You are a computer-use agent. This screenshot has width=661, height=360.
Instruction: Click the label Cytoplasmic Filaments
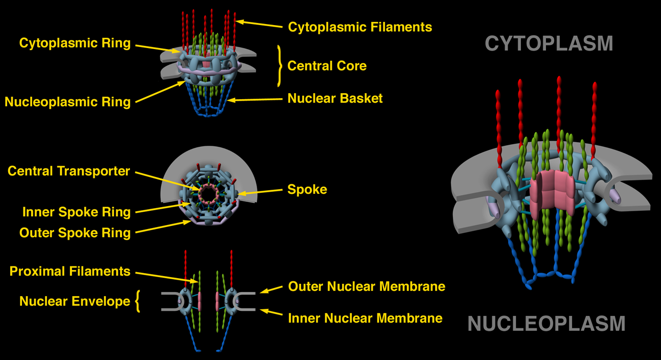pyautogui.click(x=360, y=27)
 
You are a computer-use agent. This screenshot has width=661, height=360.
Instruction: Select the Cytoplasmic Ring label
pyautogui.click(x=75, y=43)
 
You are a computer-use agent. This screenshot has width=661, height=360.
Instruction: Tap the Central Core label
pyautogui.click(x=327, y=66)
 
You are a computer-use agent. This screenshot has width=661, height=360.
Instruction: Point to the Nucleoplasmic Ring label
pyautogui.click(x=67, y=102)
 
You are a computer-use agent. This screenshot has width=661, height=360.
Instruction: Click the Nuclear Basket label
pyautogui.click(x=335, y=98)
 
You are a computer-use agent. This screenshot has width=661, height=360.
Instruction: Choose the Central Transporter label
pyautogui.click(x=69, y=171)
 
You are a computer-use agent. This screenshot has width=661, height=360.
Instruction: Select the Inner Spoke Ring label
pyautogui.click(x=76, y=212)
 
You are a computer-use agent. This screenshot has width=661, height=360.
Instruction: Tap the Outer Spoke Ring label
pyautogui.click(x=75, y=233)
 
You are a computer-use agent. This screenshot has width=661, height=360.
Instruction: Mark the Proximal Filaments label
pyautogui.click(x=70, y=271)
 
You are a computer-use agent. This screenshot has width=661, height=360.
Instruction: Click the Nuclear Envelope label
pyautogui.click(x=75, y=302)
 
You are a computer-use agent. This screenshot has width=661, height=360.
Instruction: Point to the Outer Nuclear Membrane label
pyautogui.click(x=367, y=286)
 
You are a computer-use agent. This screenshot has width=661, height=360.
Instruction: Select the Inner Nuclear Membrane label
pyautogui.click(x=365, y=318)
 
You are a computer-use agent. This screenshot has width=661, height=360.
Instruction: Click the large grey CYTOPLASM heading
pyautogui.click(x=549, y=43)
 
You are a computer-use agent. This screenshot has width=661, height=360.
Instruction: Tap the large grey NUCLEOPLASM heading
pyautogui.click(x=546, y=323)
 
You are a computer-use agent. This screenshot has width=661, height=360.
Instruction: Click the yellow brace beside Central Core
pyautogui.click(x=279, y=66)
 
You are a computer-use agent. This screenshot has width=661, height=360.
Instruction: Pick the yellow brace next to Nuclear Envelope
pyautogui.click(x=137, y=302)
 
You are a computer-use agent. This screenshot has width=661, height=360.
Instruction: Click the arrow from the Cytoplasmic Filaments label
pyautogui.click(x=259, y=24)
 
